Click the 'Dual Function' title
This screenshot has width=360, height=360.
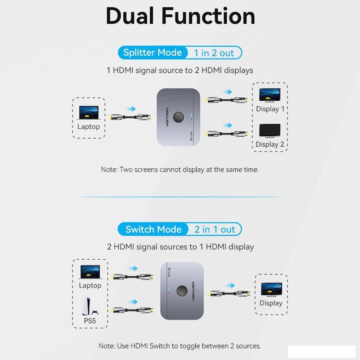(180, 16)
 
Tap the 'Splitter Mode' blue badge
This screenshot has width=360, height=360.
(153, 53)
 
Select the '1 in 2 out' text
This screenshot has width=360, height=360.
(214, 53)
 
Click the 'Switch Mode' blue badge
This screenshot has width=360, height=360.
(153, 229)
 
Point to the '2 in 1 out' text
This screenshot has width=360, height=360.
(215, 229)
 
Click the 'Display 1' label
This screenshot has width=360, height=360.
(270, 109)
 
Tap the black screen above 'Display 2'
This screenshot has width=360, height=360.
(270, 130)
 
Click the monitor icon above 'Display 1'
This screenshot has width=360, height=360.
(270, 95)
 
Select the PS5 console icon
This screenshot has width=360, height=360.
(90, 306)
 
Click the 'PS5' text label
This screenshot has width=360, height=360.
(90, 321)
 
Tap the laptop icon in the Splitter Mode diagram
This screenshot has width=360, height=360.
(89, 113)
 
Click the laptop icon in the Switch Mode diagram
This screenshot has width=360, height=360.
(90, 272)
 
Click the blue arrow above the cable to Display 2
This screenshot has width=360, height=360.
(228, 126)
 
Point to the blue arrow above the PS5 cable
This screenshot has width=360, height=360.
(133, 301)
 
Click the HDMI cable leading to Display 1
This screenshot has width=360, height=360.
(227, 100)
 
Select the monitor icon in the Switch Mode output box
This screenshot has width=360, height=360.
(271, 289)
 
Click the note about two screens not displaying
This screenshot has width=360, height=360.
(180, 170)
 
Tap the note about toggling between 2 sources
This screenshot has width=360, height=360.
(180, 346)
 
